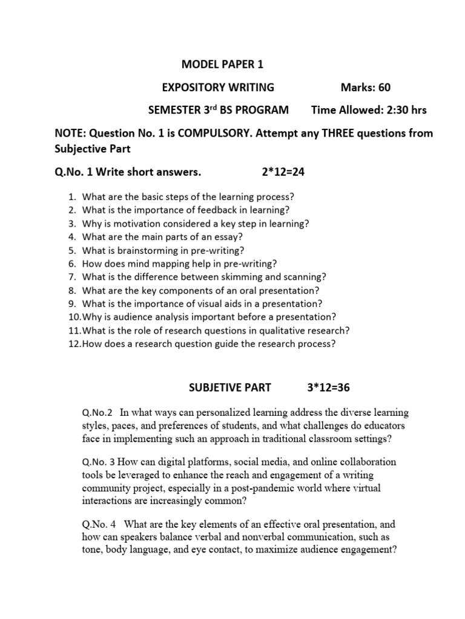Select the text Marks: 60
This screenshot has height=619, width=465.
[x=365, y=88]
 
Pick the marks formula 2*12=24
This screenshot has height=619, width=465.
[x=283, y=172]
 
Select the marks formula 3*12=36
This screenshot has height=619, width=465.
[x=321, y=387]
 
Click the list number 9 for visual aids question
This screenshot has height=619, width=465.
[x=71, y=303]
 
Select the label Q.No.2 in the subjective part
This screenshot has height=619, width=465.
[x=97, y=413]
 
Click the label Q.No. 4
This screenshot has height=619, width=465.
[x=99, y=524]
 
